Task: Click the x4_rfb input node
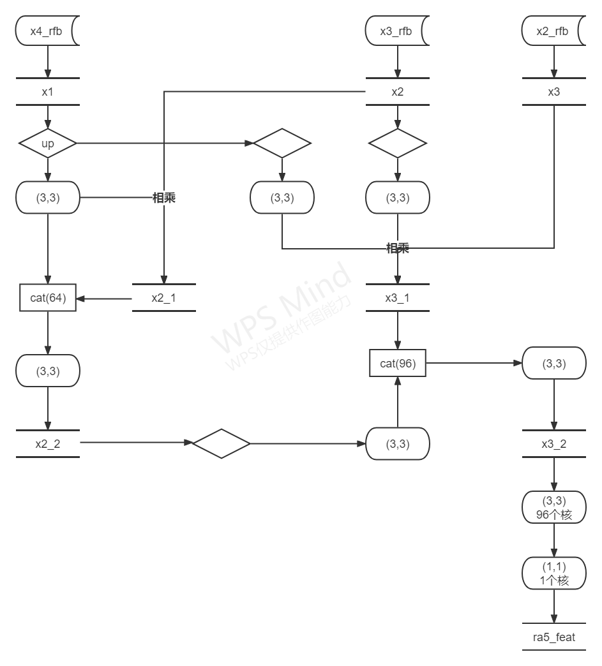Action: pyautogui.click(x=47, y=31)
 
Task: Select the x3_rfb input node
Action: pyautogui.click(x=396, y=31)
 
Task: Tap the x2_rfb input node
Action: pyautogui.click(x=553, y=31)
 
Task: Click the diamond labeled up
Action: pyautogui.click(x=48, y=144)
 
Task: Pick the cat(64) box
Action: pyautogui.click(x=48, y=297)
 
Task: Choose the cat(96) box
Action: pyautogui.click(x=398, y=364)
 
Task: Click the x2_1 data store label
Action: pyautogui.click(x=163, y=297)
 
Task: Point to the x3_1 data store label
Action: pyautogui.click(x=398, y=297)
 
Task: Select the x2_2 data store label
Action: pyautogui.click(x=48, y=444)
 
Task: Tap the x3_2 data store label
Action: pyautogui.click(x=553, y=444)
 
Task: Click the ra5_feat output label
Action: pyautogui.click(x=553, y=637)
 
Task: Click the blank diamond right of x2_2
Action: pyautogui.click(x=221, y=443)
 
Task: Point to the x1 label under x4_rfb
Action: pyautogui.click(x=48, y=92)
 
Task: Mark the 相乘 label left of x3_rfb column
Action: pyautogui.click(x=164, y=198)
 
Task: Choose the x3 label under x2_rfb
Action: pyautogui.click(x=553, y=92)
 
